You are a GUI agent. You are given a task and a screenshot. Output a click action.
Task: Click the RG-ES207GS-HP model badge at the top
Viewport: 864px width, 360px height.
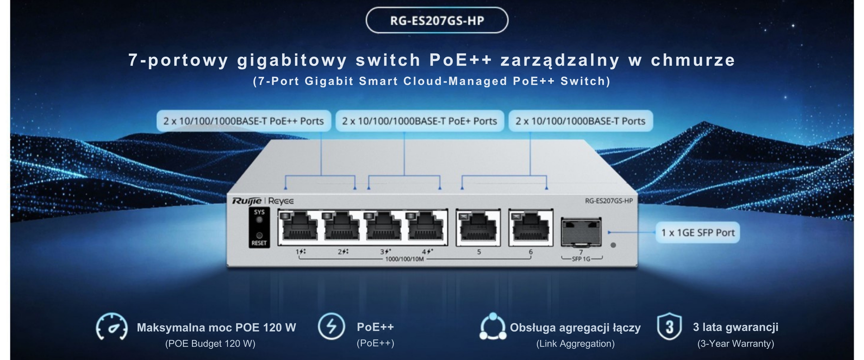tap(437, 20)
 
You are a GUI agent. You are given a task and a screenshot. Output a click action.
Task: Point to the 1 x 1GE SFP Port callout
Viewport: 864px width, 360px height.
tap(698, 233)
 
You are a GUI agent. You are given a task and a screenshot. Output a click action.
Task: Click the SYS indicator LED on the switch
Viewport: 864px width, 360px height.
tap(259, 220)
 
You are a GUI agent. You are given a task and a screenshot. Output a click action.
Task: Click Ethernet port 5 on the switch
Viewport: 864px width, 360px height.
tap(478, 228)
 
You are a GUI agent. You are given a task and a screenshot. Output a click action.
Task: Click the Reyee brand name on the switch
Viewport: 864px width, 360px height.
tap(281, 201)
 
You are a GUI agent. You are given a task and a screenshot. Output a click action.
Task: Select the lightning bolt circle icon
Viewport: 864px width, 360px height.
tap(331, 326)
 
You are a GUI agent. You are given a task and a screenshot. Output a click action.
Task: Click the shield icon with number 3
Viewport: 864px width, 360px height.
tap(669, 326)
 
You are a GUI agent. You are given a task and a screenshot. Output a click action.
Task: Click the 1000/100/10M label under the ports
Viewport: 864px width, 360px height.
tap(404, 259)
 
